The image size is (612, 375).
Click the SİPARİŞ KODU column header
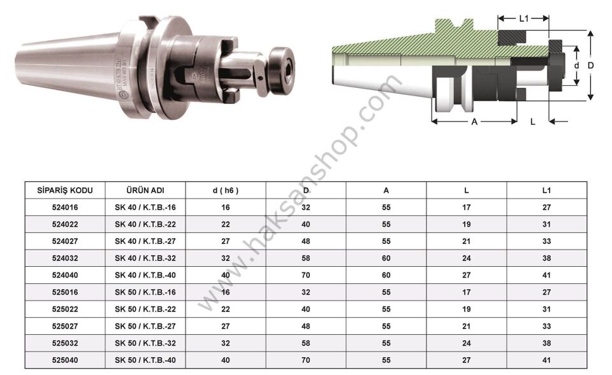(x=65, y=190)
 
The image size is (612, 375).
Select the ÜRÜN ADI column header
(x=145, y=190)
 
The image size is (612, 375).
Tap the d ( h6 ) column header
(x=226, y=190)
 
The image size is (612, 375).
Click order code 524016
(x=65, y=208)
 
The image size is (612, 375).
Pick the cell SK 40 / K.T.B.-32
(x=145, y=258)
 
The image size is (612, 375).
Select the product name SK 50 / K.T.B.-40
(x=145, y=360)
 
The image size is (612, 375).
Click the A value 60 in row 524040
(x=386, y=275)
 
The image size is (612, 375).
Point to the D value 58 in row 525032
(x=305, y=343)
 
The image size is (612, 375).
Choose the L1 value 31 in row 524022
(x=546, y=224)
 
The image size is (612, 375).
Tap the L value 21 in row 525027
(x=467, y=326)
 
